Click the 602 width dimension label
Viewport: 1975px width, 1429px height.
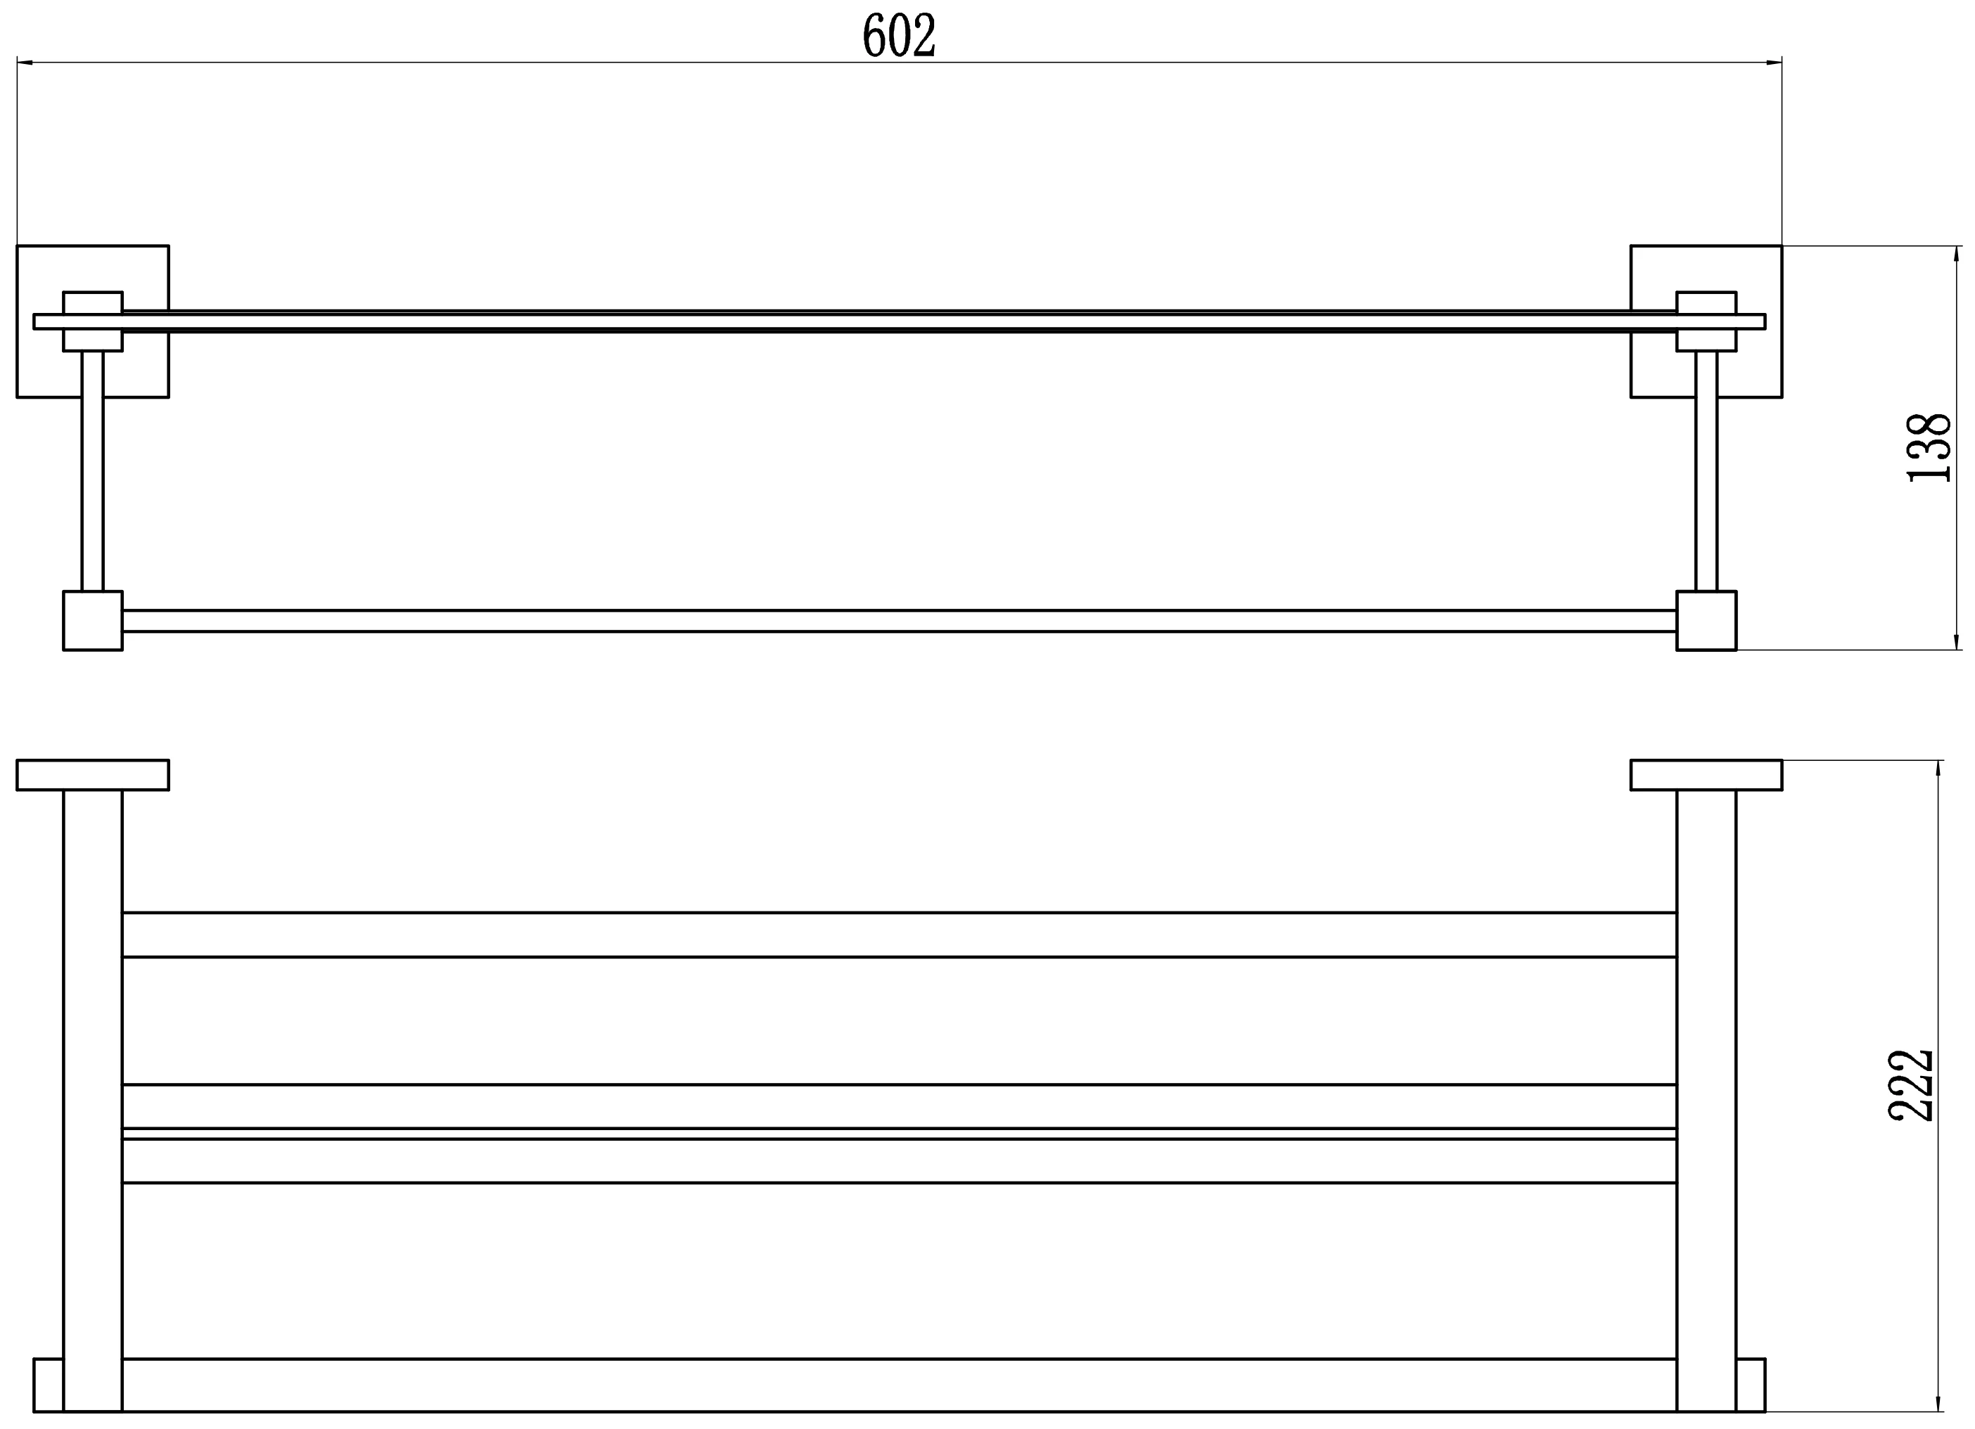(899, 36)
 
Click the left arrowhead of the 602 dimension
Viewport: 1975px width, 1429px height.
(25, 63)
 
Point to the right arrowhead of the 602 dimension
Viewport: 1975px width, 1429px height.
(1774, 63)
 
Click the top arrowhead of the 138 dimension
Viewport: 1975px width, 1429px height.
(1957, 255)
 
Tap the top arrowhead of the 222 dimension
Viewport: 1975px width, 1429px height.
(1938, 769)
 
